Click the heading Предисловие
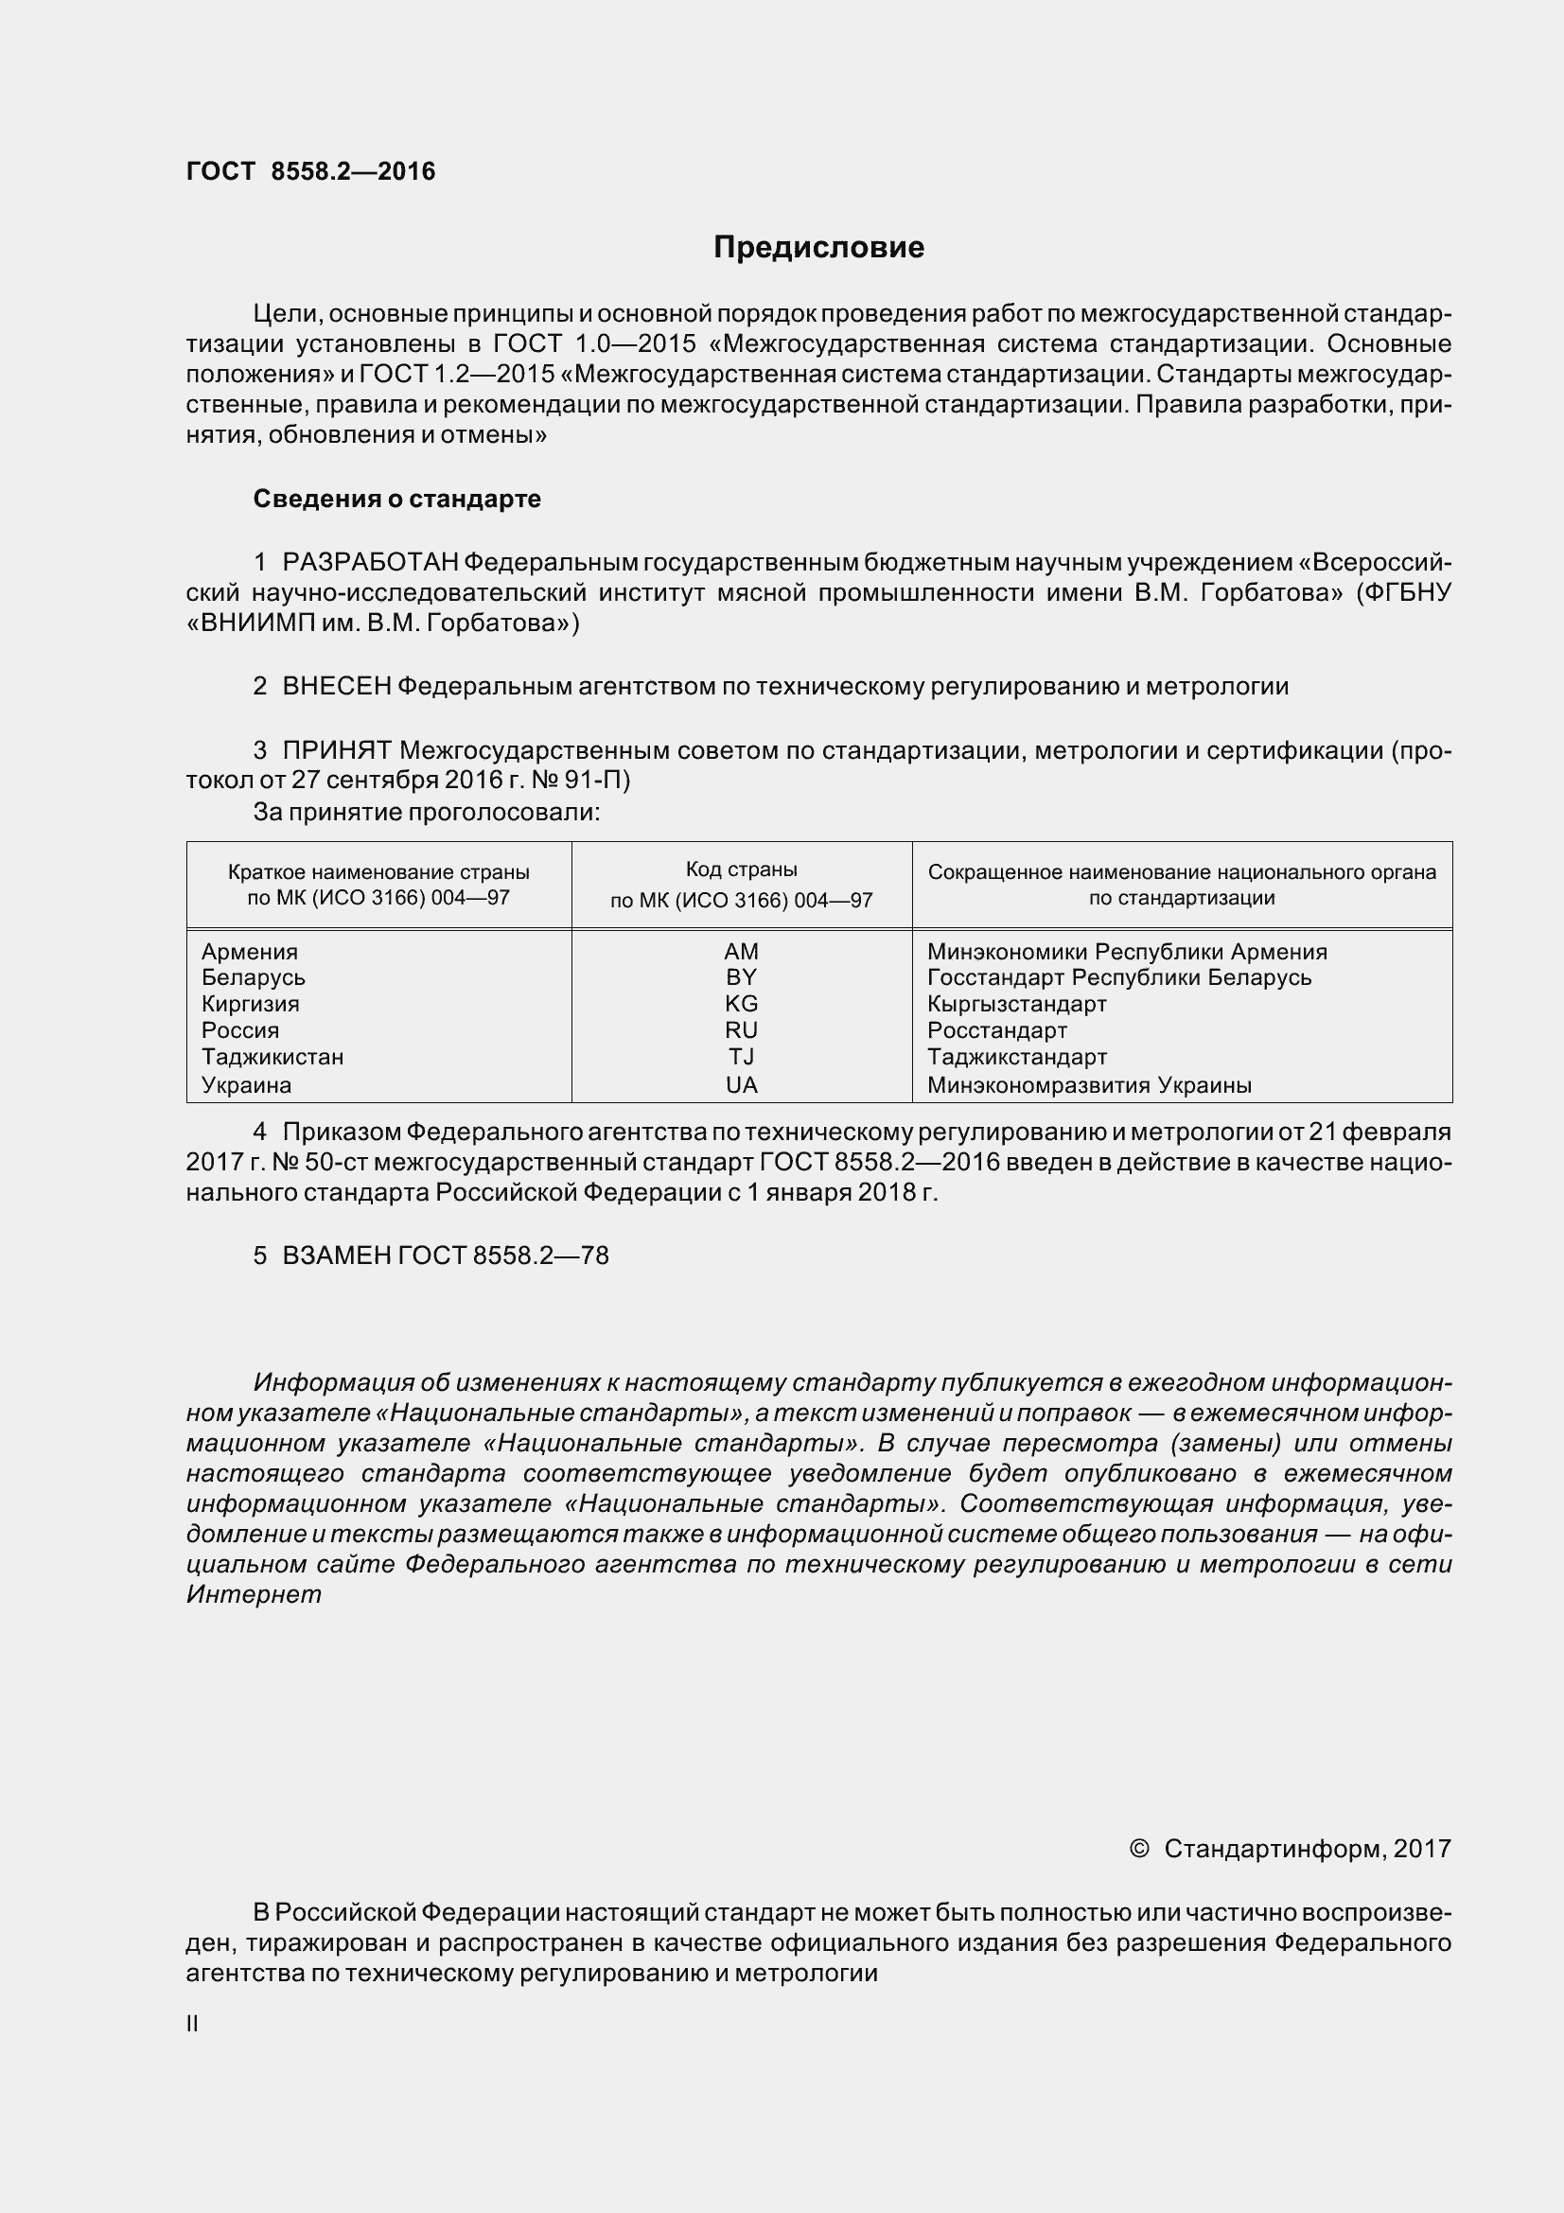818,248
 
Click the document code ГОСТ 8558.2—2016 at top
310,171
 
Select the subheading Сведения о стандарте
396,500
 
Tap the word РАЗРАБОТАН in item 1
370,562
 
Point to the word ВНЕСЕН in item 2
336,686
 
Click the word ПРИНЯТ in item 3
336,750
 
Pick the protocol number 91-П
604,780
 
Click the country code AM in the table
741,951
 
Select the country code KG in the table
741,1003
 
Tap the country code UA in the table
741,1084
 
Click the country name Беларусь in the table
254,977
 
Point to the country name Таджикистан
272,1057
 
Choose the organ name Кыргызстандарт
1017,1003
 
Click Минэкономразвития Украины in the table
1089,1084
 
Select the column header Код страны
741,869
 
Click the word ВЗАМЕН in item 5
336,1256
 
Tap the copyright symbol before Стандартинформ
1139,1849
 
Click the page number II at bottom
192,2024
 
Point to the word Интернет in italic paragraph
254,1594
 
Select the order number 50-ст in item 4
331,1163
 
